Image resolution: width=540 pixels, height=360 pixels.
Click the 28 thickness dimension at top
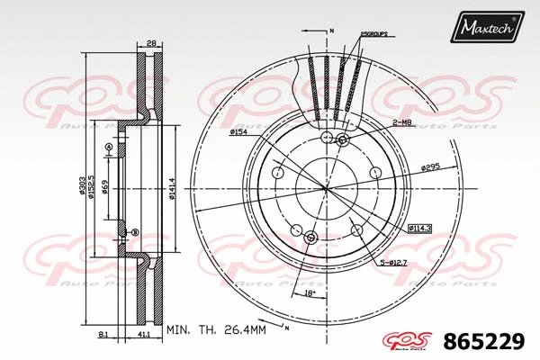tap(152, 42)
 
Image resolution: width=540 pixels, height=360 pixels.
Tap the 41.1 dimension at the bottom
tap(144, 335)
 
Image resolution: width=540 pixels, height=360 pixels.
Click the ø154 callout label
tap(238, 132)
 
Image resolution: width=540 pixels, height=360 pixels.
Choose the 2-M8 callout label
tap(401, 121)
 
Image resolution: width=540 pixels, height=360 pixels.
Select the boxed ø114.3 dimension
tap(420, 229)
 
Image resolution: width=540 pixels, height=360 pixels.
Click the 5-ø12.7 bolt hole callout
tap(392, 262)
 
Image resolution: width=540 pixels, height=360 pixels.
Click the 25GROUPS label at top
tap(373, 33)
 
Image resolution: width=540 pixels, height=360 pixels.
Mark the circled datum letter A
tap(108, 147)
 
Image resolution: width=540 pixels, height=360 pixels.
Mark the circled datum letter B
tap(135, 233)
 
